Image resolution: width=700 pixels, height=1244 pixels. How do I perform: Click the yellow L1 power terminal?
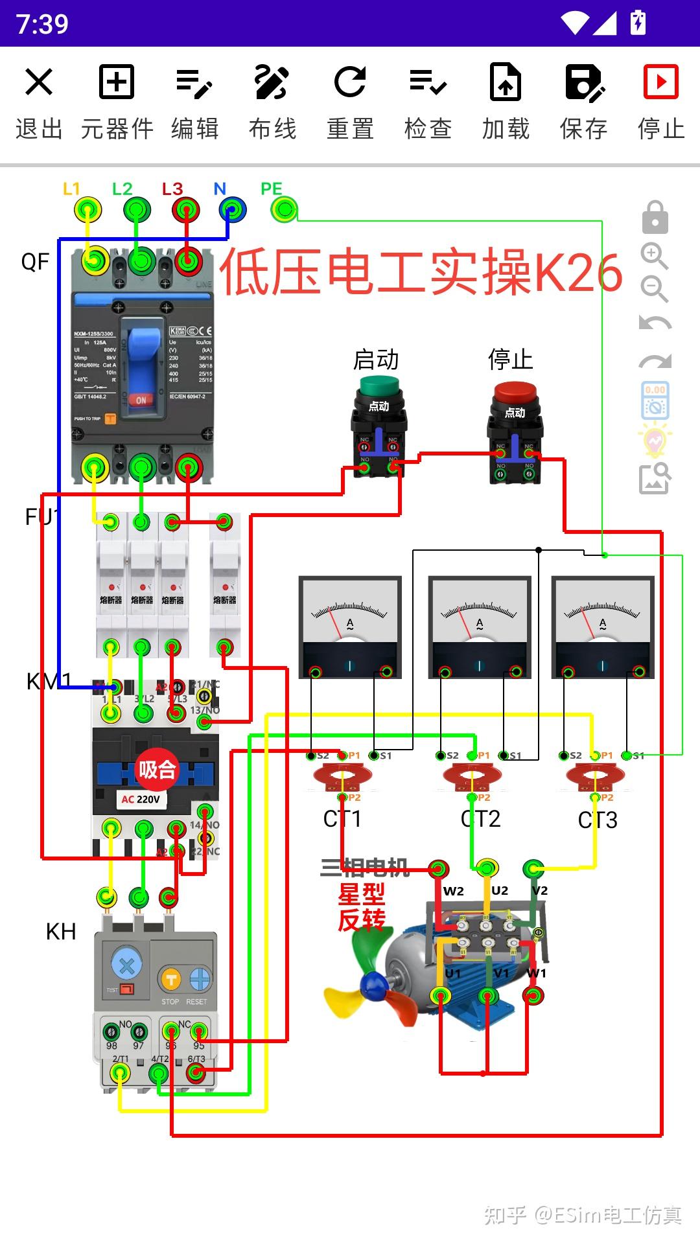[x=87, y=210]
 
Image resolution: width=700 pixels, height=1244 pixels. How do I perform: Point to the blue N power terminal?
[x=232, y=210]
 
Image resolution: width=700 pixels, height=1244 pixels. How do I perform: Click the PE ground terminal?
[x=283, y=210]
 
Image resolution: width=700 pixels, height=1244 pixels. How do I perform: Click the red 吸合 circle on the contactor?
[x=156, y=769]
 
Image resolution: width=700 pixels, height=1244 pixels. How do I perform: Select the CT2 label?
[x=480, y=819]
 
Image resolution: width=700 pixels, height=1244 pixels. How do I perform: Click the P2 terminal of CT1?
[x=343, y=798]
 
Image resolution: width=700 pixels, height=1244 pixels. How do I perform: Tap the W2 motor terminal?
[x=438, y=869]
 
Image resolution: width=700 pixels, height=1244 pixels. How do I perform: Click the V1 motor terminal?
[x=487, y=996]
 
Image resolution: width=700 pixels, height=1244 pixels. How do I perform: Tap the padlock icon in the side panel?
[x=655, y=217]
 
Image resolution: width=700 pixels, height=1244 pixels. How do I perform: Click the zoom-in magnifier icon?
[x=654, y=255]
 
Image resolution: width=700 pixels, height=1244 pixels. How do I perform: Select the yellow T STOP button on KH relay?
[x=170, y=980]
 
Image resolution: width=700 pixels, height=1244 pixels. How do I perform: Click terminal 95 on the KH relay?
[x=199, y=1031]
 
